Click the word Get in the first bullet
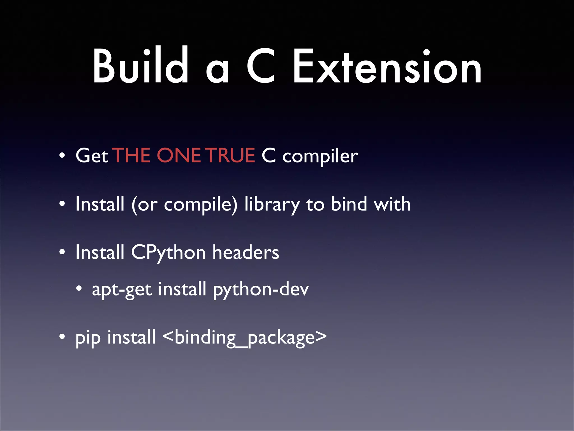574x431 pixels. (92, 156)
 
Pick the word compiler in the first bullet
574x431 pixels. (320, 157)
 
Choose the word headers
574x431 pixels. (246, 252)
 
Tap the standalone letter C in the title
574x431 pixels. (261, 66)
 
